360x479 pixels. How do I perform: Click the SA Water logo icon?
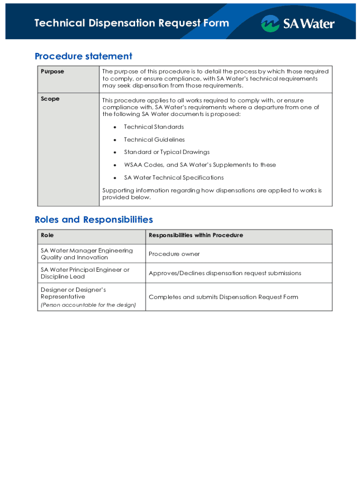tap(270, 23)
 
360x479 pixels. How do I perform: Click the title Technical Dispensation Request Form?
tap(132, 23)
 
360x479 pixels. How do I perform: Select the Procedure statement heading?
tap(83, 57)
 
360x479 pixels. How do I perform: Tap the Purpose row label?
tap(52, 72)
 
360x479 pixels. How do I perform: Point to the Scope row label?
tap(50, 99)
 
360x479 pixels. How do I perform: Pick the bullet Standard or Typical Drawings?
tap(166, 152)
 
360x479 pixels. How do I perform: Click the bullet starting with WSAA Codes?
tap(200, 165)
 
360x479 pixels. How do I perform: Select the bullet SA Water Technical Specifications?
tap(173, 177)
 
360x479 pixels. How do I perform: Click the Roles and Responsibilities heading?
tap(94, 219)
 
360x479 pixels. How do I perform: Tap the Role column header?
tap(47, 235)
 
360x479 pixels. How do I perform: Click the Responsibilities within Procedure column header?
tap(195, 235)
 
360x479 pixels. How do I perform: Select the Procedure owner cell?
tap(174, 254)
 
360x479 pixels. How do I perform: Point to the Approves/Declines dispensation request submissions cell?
tap(225, 273)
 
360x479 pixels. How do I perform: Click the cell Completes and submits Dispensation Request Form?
tap(223, 297)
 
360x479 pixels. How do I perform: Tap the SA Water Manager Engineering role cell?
tap(86, 254)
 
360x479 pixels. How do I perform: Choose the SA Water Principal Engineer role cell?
tap(85, 273)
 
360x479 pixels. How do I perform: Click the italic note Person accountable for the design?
tap(88, 305)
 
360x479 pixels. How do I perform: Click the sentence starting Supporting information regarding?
tap(212, 194)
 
